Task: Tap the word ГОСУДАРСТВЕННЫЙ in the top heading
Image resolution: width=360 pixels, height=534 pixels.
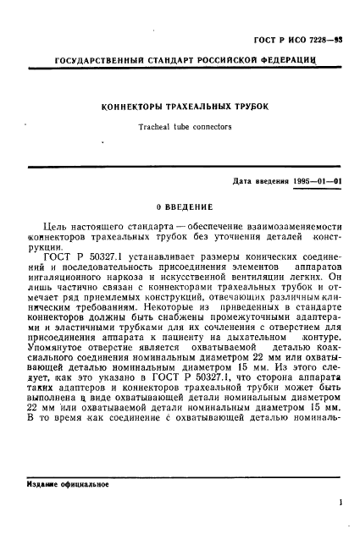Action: [x=96, y=64]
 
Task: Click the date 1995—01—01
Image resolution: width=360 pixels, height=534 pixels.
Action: [x=313, y=181]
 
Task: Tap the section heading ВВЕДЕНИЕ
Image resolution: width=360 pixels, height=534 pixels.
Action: [x=185, y=206]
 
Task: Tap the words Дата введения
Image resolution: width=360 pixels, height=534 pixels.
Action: [x=258, y=181]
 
